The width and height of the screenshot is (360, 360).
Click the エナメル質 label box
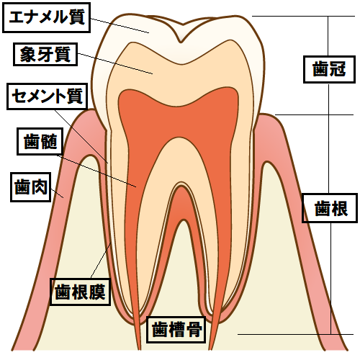coord(46,17)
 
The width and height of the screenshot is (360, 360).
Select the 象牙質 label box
coord(45,55)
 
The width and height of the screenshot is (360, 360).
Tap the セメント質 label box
coord(47,96)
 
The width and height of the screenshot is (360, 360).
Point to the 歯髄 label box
coord(40,141)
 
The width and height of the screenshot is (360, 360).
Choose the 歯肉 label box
coord(31,187)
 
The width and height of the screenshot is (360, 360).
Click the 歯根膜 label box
coord(80,292)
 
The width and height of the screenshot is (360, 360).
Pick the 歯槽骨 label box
coord(176,330)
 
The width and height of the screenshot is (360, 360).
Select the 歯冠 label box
coord(329,70)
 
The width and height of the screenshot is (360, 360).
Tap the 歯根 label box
coord(330,208)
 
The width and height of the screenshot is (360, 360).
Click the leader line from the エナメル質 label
coord(120,25)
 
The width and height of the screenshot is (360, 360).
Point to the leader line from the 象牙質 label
coord(115,63)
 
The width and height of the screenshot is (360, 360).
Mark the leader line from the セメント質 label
coord(81,137)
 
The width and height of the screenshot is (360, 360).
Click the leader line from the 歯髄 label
coord(96,171)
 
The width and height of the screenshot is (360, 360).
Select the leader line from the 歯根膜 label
coord(101,261)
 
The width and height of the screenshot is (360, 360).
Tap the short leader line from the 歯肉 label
coord(58,193)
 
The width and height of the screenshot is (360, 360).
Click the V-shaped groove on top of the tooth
coord(181,34)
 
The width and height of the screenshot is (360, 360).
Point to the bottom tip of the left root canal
coord(139,349)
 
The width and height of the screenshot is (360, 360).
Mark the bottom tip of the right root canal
coord(210,349)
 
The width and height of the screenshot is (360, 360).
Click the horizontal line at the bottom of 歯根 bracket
coord(295,334)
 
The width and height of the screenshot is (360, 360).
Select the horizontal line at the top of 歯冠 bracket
coord(303,16)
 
